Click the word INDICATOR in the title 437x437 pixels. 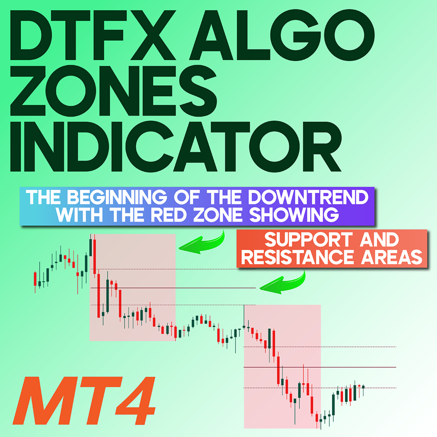pyautogui.click(x=176, y=146)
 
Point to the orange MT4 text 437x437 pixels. pyautogui.click(x=84, y=400)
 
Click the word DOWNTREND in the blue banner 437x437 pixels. pyautogui.click(x=308, y=197)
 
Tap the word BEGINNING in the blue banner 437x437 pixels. pyautogui.click(x=117, y=197)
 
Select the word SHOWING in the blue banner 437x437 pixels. pyautogui.click(x=294, y=215)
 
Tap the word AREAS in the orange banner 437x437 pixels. pyautogui.click(x=392, y=257)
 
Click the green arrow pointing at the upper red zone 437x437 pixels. pyautogui.click(x=202, y=242)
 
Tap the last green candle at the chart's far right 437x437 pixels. pyautogui.click(x=355, y=393)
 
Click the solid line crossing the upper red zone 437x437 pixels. pyautogui.click(x=173, y=288)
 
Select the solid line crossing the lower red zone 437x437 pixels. pyautogui.click(x=320, y=367)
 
